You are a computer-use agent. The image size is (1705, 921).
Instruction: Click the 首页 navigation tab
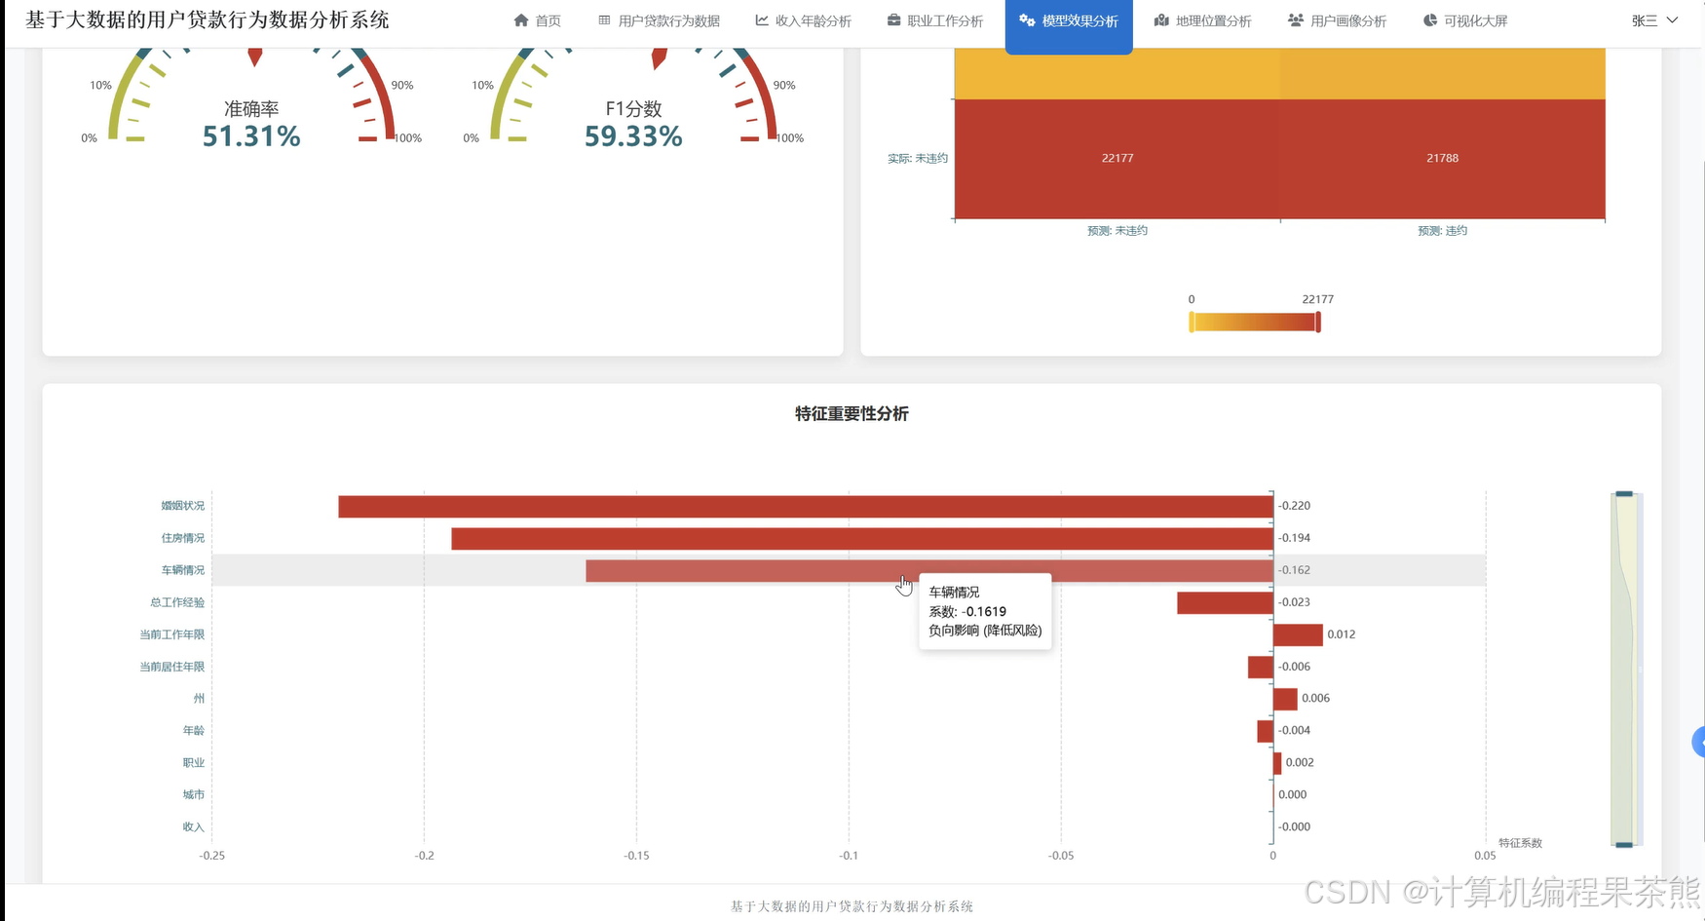click(537, 20)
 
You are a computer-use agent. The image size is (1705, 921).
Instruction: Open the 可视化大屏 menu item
click(1465, 20)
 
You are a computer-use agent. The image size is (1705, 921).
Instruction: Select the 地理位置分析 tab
click(1203, 20)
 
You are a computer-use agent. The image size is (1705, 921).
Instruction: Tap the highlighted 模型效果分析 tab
click(1069, 20)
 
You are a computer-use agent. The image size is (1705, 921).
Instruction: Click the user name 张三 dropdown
click(1654, 20)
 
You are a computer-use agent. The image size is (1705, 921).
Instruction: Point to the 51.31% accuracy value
click(251, 136)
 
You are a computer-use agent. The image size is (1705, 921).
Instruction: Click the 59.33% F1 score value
click(633, 136)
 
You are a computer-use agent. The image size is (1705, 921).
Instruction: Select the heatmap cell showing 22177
click(1118, 159)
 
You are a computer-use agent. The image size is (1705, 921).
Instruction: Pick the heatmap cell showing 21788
click(1443, 159)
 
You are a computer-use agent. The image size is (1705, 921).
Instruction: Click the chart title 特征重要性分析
click(852, 413)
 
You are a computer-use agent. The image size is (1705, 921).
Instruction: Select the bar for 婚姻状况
click(806, 506)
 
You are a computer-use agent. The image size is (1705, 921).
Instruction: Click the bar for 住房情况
click(862, 538)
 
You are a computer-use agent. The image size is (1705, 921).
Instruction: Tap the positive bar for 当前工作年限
click(1298, 634)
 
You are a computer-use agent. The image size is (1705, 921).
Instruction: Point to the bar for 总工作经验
click(1225, 602)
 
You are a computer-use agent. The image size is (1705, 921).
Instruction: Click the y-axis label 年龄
click(194, 731)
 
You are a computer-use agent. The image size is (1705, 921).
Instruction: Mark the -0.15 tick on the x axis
click(636, 856)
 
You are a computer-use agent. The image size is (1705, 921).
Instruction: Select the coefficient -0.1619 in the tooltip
click(985, 612)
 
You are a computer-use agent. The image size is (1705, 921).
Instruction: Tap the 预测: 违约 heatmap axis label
click(1443, 231)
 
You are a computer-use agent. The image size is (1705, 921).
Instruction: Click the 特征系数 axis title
click(1520, 843)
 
